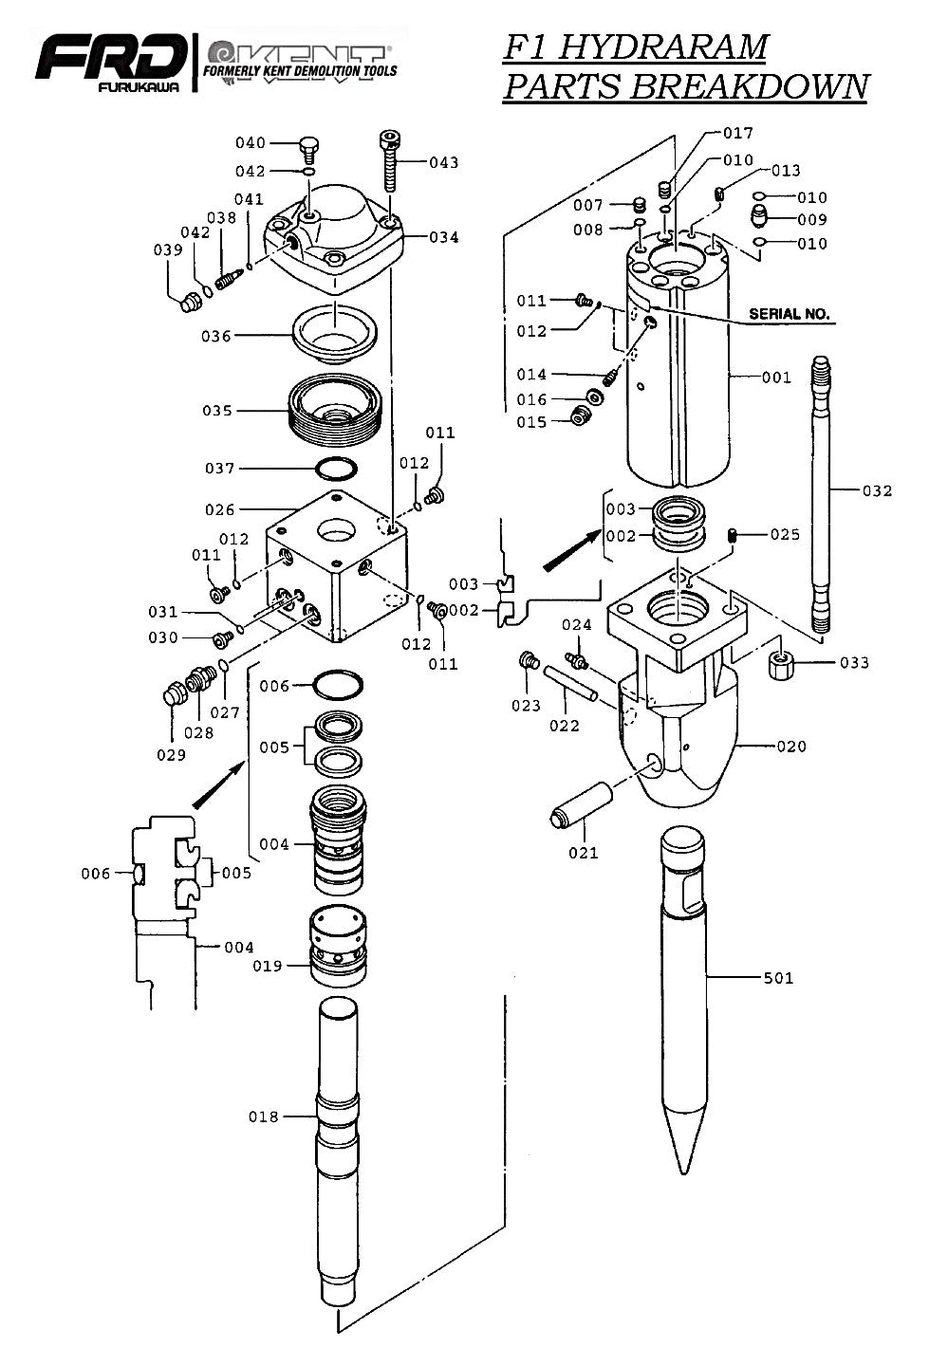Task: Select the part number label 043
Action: [443, 162]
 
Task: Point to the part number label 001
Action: [775, 378]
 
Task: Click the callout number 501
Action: [778, 978]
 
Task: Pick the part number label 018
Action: [264, 1116]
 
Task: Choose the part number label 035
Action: [217, 411]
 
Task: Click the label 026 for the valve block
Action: [220, 509]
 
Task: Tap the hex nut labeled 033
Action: [781, 664]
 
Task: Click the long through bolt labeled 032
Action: [822, 493]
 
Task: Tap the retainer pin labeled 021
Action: [579, 803]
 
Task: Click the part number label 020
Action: [790, 746]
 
